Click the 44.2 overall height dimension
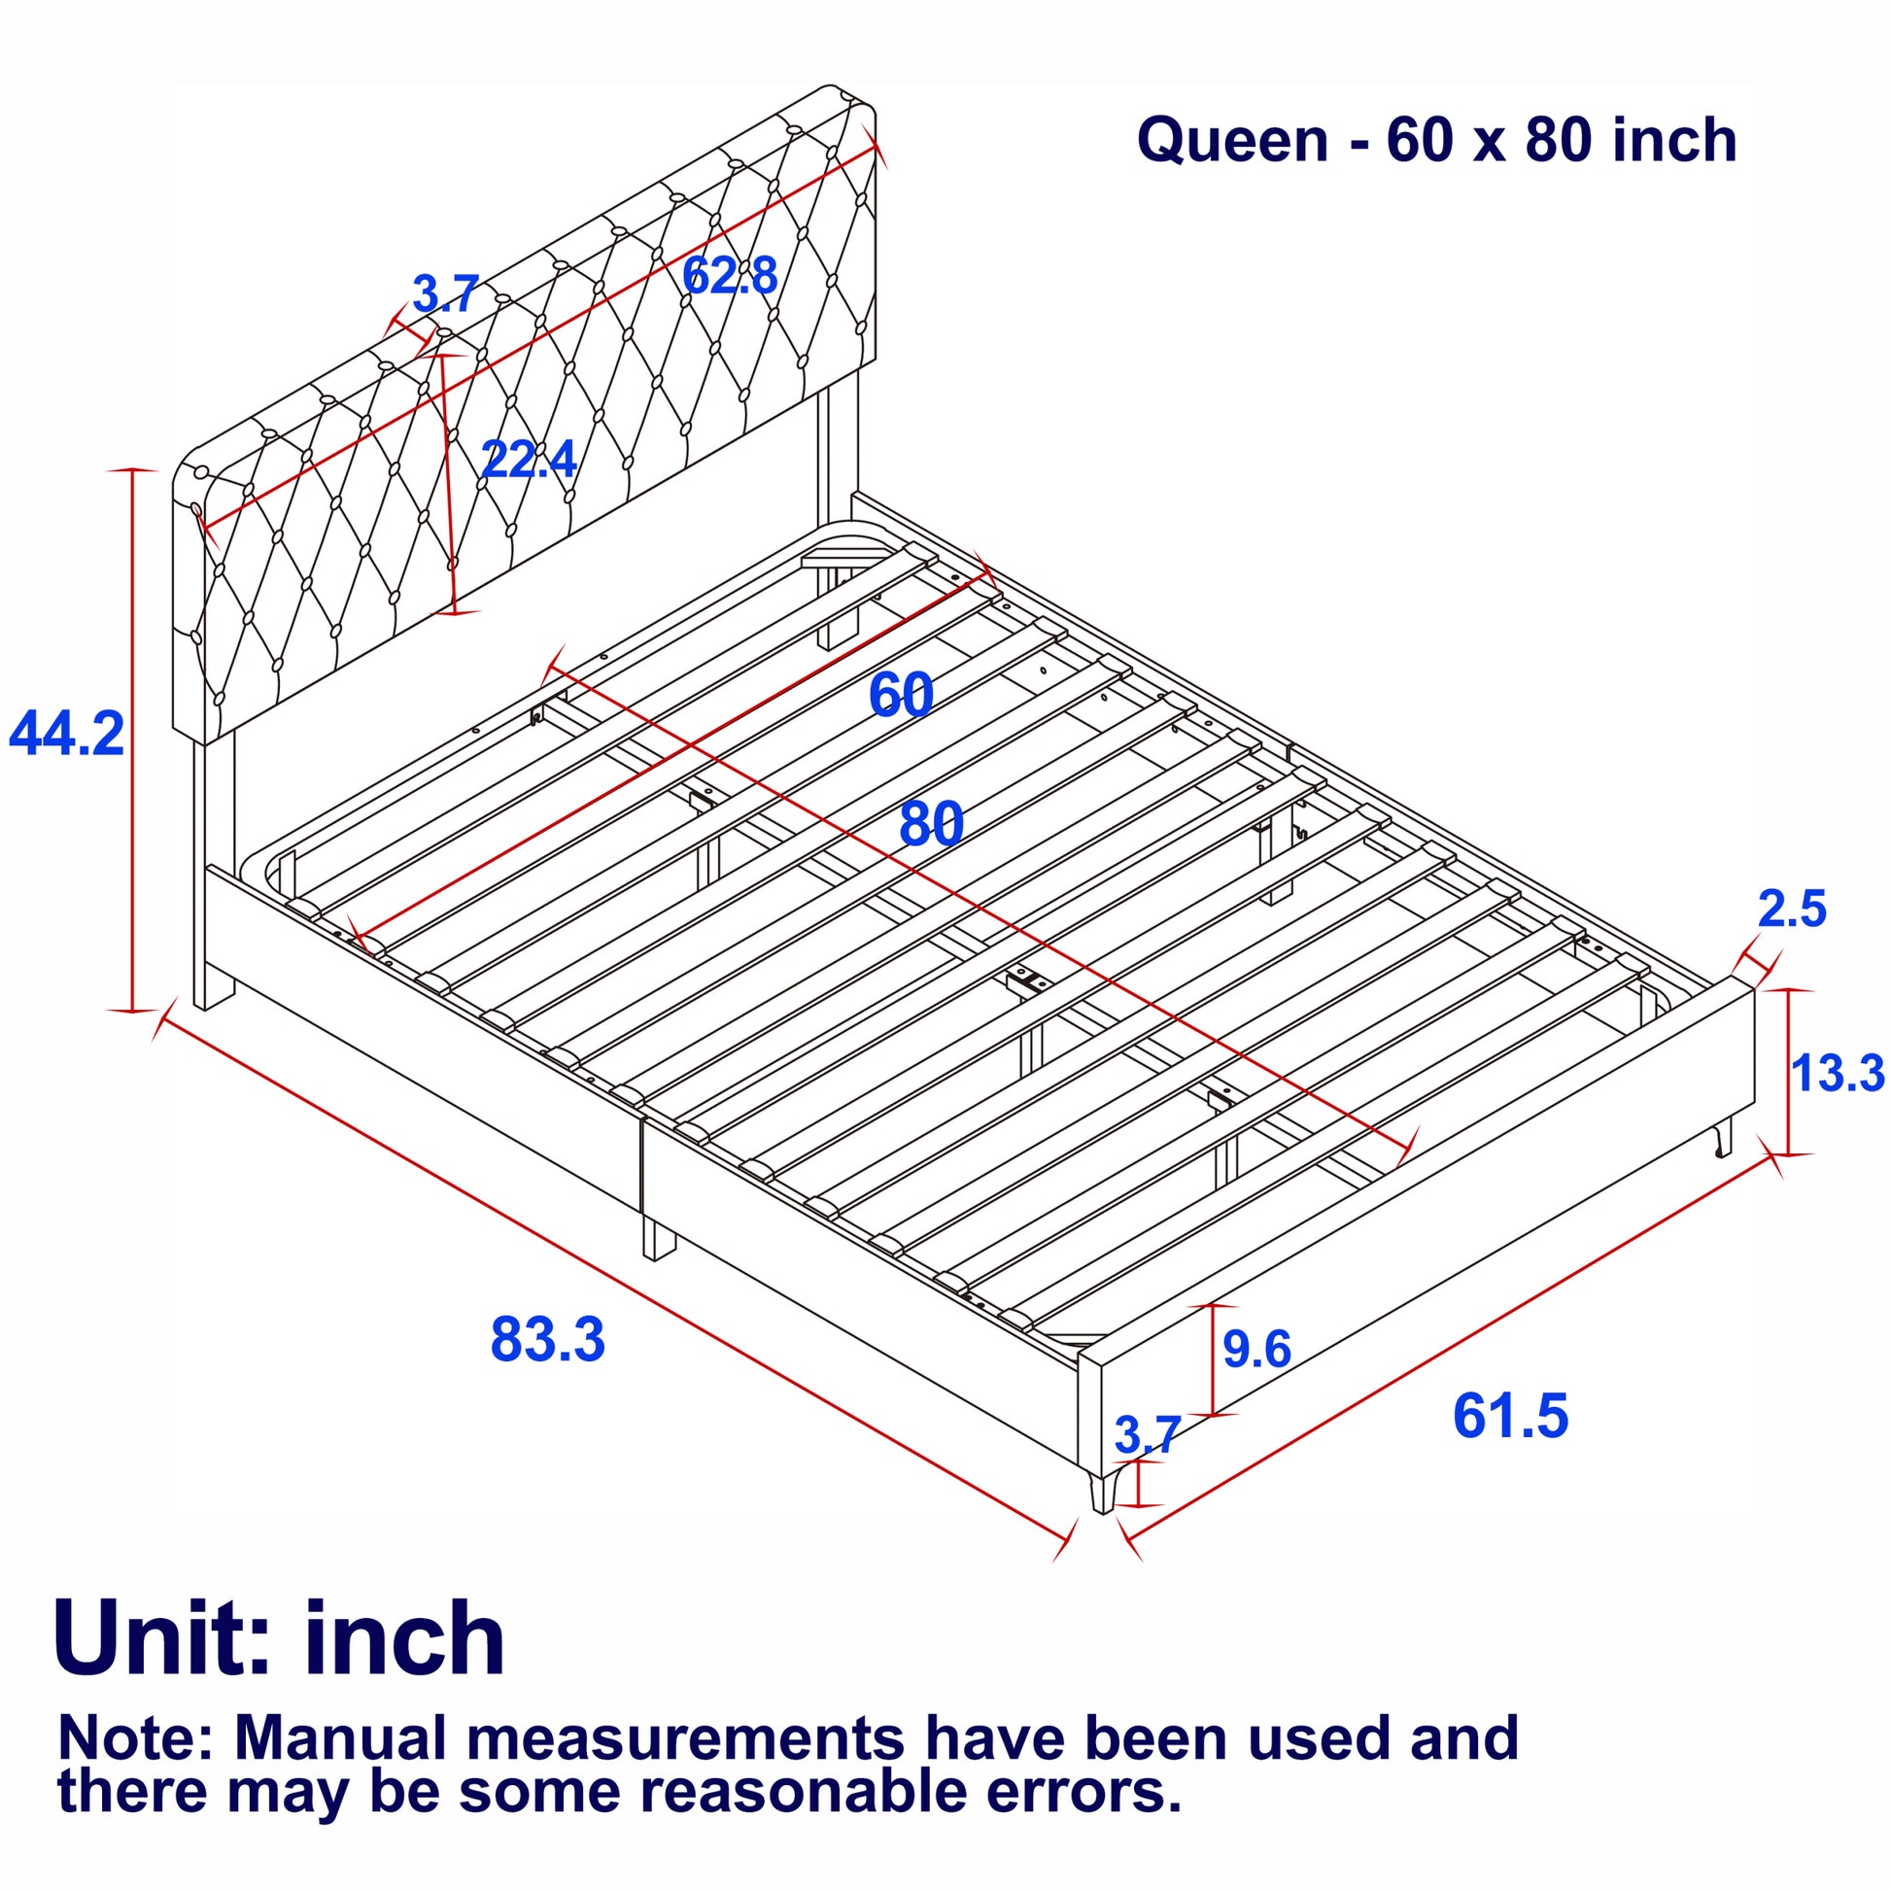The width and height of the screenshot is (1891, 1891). point(66,734)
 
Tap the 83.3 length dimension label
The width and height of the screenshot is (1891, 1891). point(547,1340)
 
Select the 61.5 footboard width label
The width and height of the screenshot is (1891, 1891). point(1509,1416)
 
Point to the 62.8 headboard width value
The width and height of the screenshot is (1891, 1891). point(730,275)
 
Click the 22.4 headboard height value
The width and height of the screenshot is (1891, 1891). point(530,459)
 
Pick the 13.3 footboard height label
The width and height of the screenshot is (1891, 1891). point(1837,1073)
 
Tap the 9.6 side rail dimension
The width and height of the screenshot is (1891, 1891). point(1256,1350)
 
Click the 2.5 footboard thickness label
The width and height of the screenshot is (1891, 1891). point(1791,910)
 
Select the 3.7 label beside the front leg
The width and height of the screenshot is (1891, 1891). point(1147,1436)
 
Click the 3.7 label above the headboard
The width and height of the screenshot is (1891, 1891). point(445,293)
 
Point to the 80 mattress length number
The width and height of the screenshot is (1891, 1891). point(931,824)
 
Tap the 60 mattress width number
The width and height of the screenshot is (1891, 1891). point(901,695)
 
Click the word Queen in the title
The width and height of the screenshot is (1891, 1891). point(1232,140)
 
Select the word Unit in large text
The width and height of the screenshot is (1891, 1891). point(161,1638)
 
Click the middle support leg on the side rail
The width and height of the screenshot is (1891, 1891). point(658,1239)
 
